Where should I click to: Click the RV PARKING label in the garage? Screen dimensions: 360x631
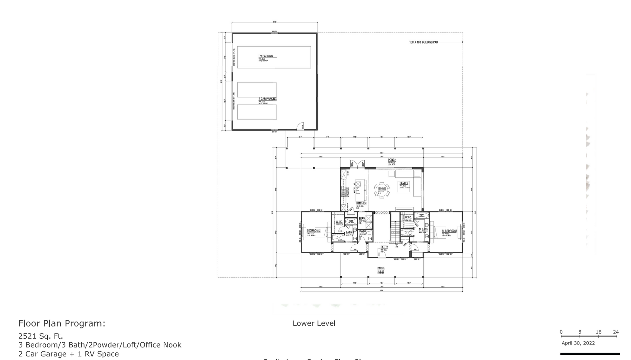[x=266, y=56]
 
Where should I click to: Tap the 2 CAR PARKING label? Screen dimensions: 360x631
[x=267, y=99]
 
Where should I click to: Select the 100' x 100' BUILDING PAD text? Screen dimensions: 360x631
[x=423, y=42]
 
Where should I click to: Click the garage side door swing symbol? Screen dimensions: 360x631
[x=300, y=126]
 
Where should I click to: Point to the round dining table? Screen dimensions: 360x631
[x=382, y=190]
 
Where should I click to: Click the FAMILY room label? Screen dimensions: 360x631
[x=404, y=183]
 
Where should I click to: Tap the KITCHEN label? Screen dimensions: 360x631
[x=361, y=204]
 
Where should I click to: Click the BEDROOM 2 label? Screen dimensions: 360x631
[x=313, y=231]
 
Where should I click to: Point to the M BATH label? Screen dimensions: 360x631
[x=423, y=229]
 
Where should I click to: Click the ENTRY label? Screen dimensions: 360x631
[x=384, y=247]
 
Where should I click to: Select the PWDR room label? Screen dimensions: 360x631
[x=362, y=231]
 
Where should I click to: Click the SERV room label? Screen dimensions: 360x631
[x=362, y=219]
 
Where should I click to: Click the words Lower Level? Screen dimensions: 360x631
[x=314, y=324]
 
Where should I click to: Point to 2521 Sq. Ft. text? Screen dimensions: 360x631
[x=41, y=336]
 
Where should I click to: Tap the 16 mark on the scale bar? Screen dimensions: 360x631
[x=598, y=332]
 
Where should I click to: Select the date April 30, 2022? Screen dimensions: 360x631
[x=578, y=343]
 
